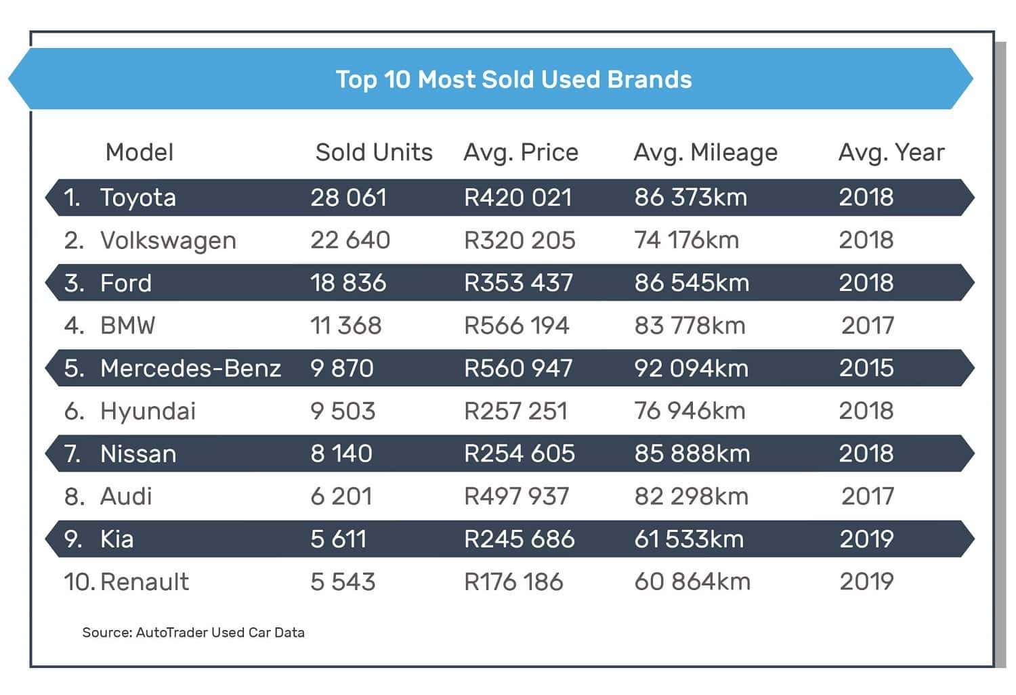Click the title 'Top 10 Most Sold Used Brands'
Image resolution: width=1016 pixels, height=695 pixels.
tap(513, 79)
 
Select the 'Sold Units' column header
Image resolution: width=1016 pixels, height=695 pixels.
tap(373, 152)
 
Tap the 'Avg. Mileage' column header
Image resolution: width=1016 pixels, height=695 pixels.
tap(705, 153)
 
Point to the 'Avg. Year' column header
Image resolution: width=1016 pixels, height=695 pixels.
tap(891, 153)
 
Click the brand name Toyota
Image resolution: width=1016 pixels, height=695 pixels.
tap(138, 198)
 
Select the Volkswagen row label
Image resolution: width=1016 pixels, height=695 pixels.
tap(168, 241)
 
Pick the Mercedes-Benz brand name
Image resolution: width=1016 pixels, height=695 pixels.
tap(190, 368)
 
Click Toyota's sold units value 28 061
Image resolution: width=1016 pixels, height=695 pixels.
tap(348, 198)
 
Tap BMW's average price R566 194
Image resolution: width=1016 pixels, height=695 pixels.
tap(516, 326)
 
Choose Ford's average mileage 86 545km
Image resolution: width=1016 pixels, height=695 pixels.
tap(692, 283)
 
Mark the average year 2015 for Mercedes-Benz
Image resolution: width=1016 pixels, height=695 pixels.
tap(866, 368)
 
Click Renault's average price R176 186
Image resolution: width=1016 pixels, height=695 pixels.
tap(513, 582)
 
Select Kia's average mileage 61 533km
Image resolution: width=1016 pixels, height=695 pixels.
tap(689, 539)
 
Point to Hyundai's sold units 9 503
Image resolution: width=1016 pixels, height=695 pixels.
tap(343, 411)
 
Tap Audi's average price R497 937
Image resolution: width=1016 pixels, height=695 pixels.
tap(516, 497)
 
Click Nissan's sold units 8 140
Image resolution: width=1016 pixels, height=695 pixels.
tap(341, 453)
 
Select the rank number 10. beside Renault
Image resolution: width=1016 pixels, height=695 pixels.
tap(79, 582)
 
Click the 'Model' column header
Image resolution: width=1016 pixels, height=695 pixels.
tap(140, 152)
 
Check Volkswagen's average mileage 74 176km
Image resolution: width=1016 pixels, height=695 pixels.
tap(686, 240)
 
